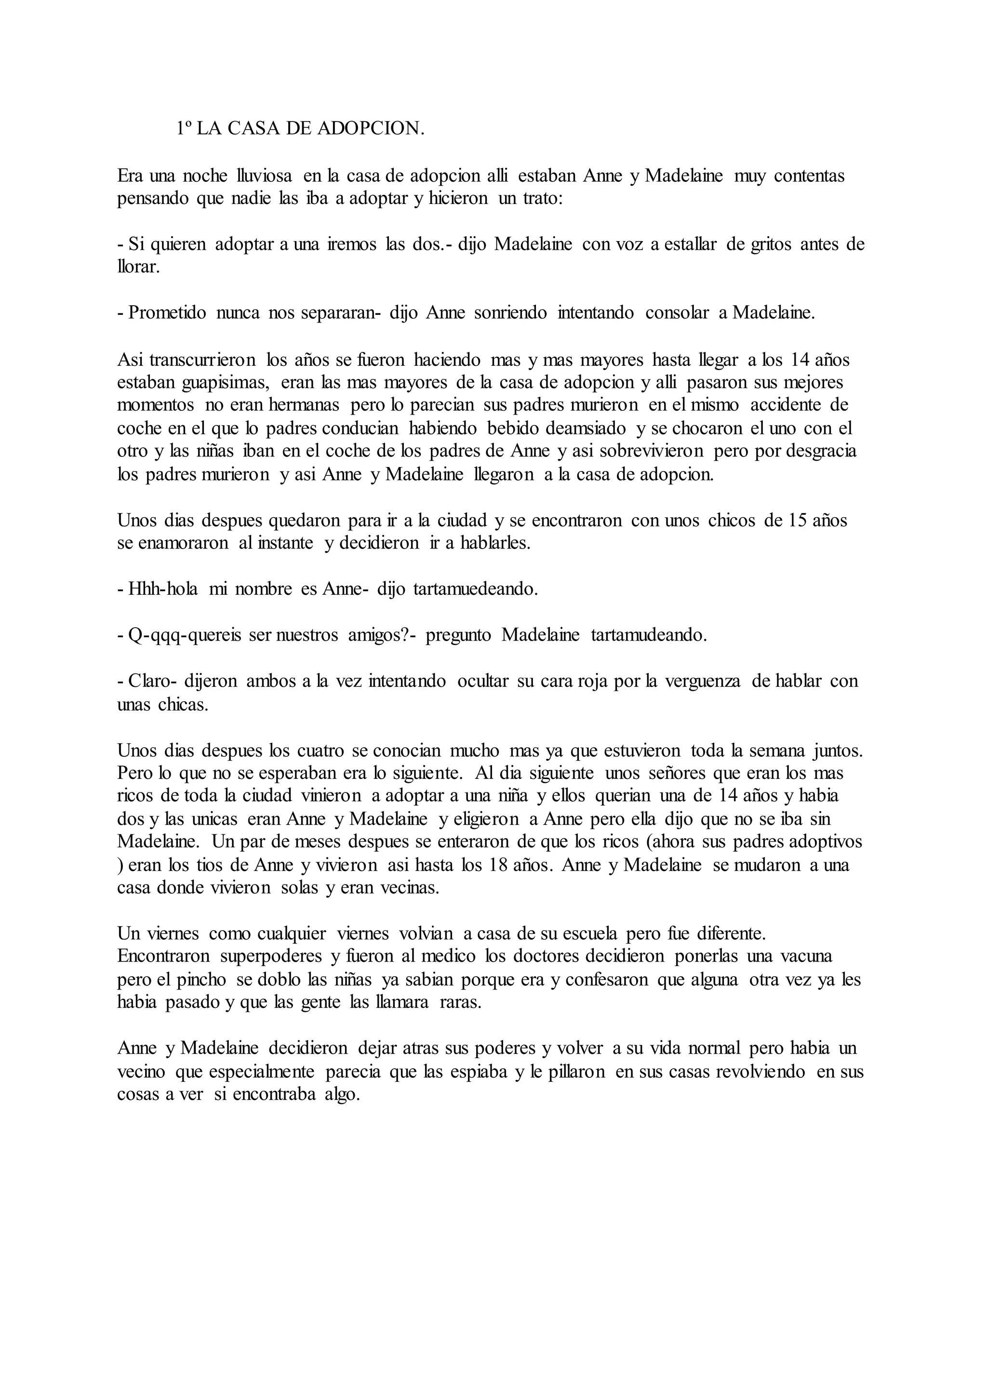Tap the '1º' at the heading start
click(184, 129)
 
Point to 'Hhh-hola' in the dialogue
click(163, 590)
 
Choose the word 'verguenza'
click(703, 682)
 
